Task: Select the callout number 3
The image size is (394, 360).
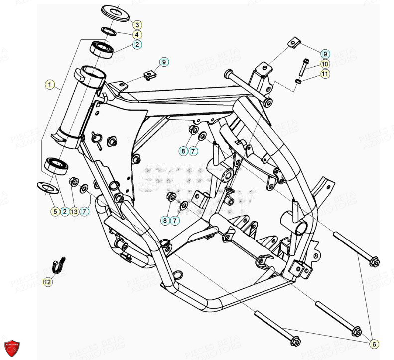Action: coord(137,24)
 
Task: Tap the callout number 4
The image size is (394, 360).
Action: coord(137,34)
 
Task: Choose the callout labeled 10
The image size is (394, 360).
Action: coord(324,64)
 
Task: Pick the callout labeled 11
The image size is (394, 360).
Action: coord(324,74)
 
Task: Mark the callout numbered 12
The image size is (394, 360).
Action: coord(47,282)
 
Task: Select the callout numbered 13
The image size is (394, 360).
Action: coord(74,212)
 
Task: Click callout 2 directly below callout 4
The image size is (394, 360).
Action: coord(137,44)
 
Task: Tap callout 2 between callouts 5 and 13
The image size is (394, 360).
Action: coord(64,212)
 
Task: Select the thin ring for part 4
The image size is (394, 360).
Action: coord(109,32)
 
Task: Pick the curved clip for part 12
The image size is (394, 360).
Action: coord(60,265)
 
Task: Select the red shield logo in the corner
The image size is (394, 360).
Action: coord(12,347)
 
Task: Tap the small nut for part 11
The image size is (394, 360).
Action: coord(297,81)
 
